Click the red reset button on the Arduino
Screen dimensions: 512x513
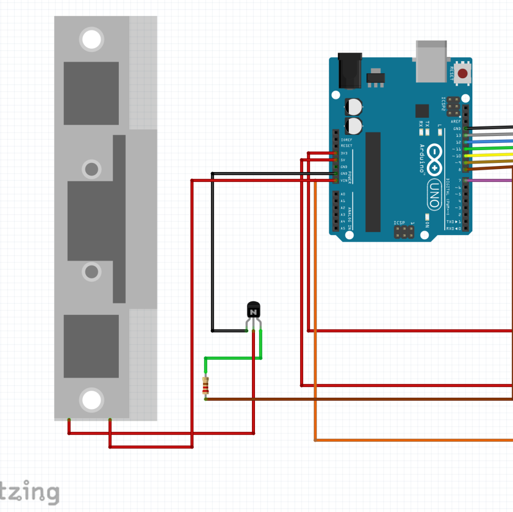point(463,74)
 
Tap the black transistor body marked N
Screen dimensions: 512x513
point(253,310)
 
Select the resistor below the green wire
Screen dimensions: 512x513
point(205,385)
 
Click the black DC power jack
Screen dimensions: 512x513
point(350,71)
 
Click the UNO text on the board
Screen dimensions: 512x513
point(433,195)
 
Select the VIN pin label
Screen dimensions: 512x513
point(344,181)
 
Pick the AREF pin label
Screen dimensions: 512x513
point(455,121)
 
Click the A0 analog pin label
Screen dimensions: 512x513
point(343,194)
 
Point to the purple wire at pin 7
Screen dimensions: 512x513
point(491,180)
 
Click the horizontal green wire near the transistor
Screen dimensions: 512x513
point(233,358)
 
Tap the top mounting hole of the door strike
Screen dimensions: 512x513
point(92,39)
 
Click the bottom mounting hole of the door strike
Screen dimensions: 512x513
point(92,400)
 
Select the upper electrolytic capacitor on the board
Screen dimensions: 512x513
point(354,106)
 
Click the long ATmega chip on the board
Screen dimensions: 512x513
point(373,182)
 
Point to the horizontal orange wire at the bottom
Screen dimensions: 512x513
point(411,440)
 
